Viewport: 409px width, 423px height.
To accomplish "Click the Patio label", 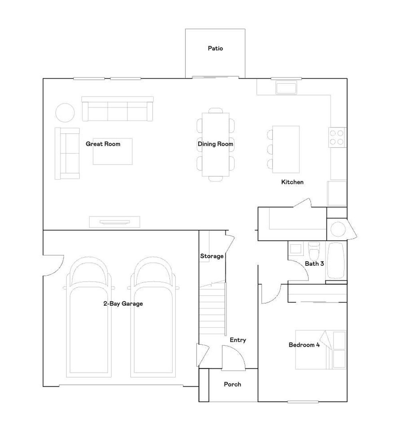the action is (x=215, y=49).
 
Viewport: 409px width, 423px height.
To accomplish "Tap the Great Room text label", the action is (x=103, y=144).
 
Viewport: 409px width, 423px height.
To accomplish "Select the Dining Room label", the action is (x=215, y=144).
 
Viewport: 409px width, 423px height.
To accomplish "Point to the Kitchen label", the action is (x=292, y=182).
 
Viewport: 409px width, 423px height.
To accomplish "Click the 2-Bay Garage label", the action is (x=123, y=304).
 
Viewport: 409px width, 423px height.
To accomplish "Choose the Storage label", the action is (x=212, y=256).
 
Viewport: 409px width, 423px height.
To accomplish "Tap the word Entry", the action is (x=238, y=340).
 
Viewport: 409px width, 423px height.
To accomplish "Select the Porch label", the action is (x=232, y=384).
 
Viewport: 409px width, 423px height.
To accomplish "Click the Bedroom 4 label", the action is (x=304, y=345).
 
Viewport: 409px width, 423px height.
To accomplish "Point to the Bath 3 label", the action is (x=314, y=263).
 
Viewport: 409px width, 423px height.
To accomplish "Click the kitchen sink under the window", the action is (x=286, y=88).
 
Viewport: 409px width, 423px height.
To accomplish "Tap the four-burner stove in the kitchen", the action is (x=337, y=137).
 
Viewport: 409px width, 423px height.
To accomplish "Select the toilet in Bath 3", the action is (x=314, y=251).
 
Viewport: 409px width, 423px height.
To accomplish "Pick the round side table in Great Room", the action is (x=65, y=113).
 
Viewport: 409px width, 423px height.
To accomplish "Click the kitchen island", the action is (x=286, y=149).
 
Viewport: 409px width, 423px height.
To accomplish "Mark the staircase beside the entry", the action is (x=212, y=308).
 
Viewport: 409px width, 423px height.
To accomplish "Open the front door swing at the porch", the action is (x=233, y=358).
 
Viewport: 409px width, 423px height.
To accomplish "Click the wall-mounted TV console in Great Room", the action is (x=115, y=222).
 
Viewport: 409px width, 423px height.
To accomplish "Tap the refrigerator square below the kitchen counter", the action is (x=337, y=193).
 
